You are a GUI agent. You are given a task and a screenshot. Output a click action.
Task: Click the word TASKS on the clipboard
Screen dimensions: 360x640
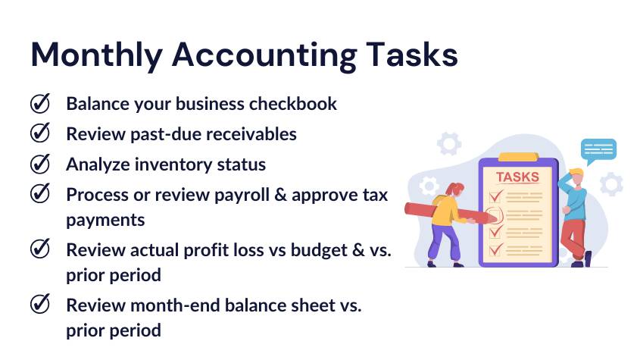517,177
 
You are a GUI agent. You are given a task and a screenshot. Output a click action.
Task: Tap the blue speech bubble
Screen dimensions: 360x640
598,149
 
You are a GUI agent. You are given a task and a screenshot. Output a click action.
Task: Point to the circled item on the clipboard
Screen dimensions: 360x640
494,214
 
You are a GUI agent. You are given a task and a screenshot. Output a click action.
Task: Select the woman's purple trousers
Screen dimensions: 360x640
445,241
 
